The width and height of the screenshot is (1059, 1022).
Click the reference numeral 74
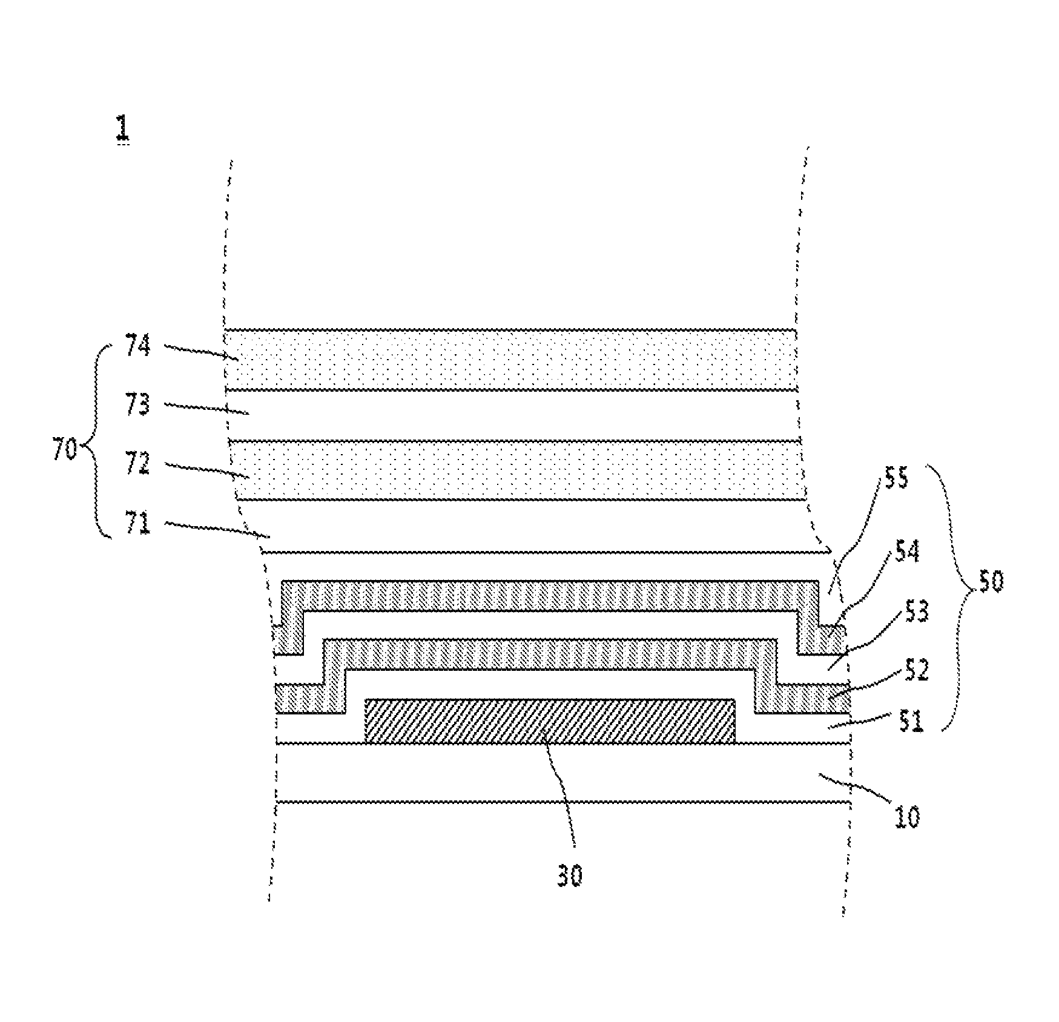138,346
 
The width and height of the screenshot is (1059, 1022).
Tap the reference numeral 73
138,404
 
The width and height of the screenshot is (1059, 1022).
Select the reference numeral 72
138,465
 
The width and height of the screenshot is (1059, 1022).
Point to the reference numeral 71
137,524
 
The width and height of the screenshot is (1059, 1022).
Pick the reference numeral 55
896,479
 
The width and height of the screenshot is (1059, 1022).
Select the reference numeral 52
916,670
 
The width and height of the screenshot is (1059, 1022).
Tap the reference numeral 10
906,817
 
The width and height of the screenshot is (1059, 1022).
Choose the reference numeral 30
569,875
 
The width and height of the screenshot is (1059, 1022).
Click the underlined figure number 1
122,129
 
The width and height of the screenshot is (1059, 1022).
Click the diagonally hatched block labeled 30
550,722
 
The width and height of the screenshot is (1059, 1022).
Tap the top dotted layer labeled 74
510,359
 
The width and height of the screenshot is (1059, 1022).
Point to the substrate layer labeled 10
563,773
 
